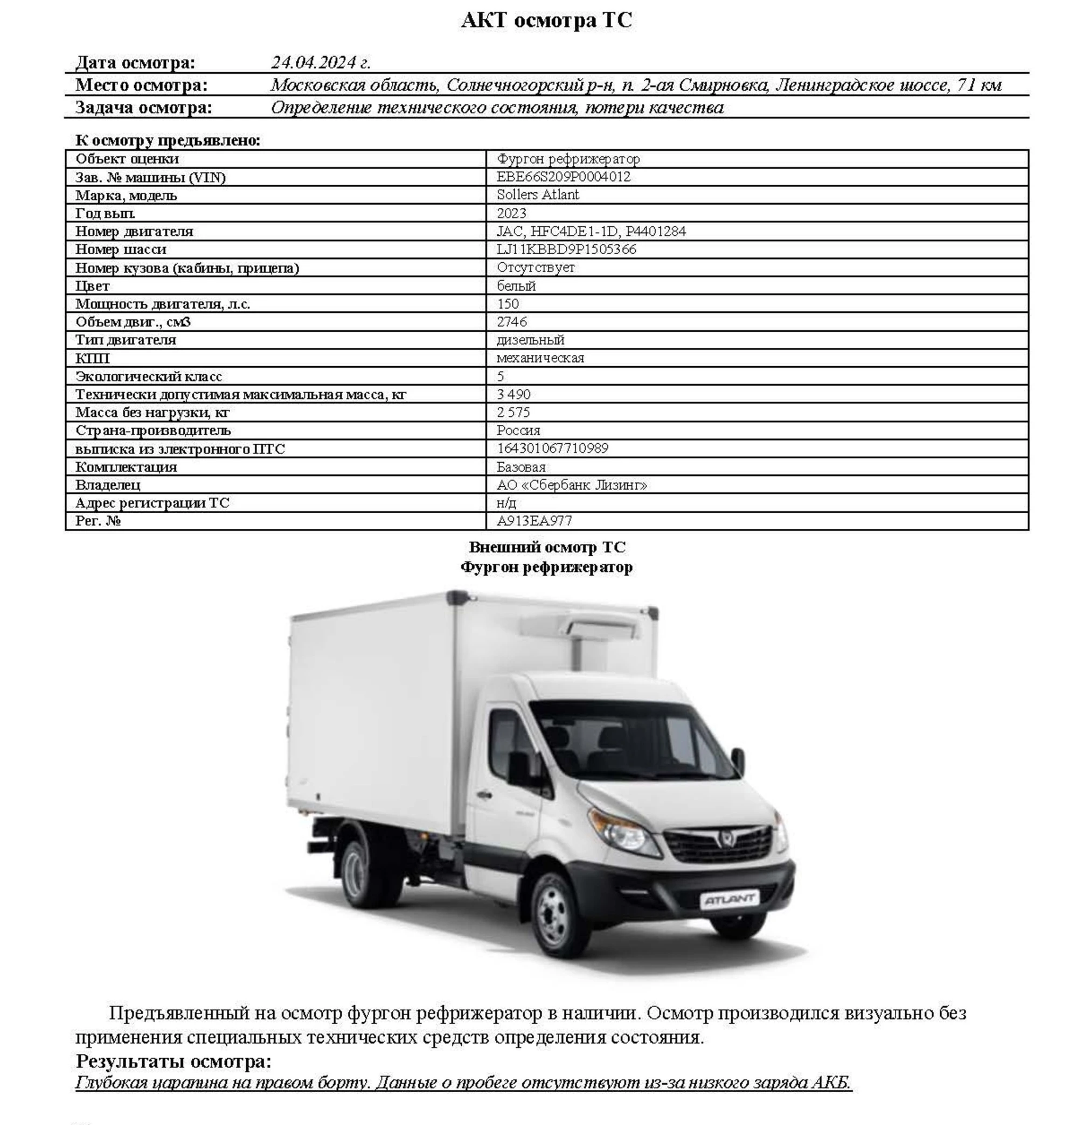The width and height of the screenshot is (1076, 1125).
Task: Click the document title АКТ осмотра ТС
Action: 546,20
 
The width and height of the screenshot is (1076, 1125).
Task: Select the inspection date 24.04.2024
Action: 320,62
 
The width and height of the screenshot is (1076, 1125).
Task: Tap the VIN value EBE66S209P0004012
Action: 563,177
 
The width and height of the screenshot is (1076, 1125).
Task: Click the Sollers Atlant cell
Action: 537,195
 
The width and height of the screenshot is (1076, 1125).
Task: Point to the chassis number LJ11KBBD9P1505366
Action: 566,249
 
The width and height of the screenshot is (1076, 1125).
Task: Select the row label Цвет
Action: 92,285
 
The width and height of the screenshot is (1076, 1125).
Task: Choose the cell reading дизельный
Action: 530,340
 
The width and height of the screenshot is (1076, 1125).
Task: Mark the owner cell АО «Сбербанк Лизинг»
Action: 571,485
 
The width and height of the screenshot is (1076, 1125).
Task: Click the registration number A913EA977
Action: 534,521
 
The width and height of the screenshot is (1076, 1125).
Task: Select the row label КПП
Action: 92,358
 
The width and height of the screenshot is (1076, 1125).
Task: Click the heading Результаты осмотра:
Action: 173,1061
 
